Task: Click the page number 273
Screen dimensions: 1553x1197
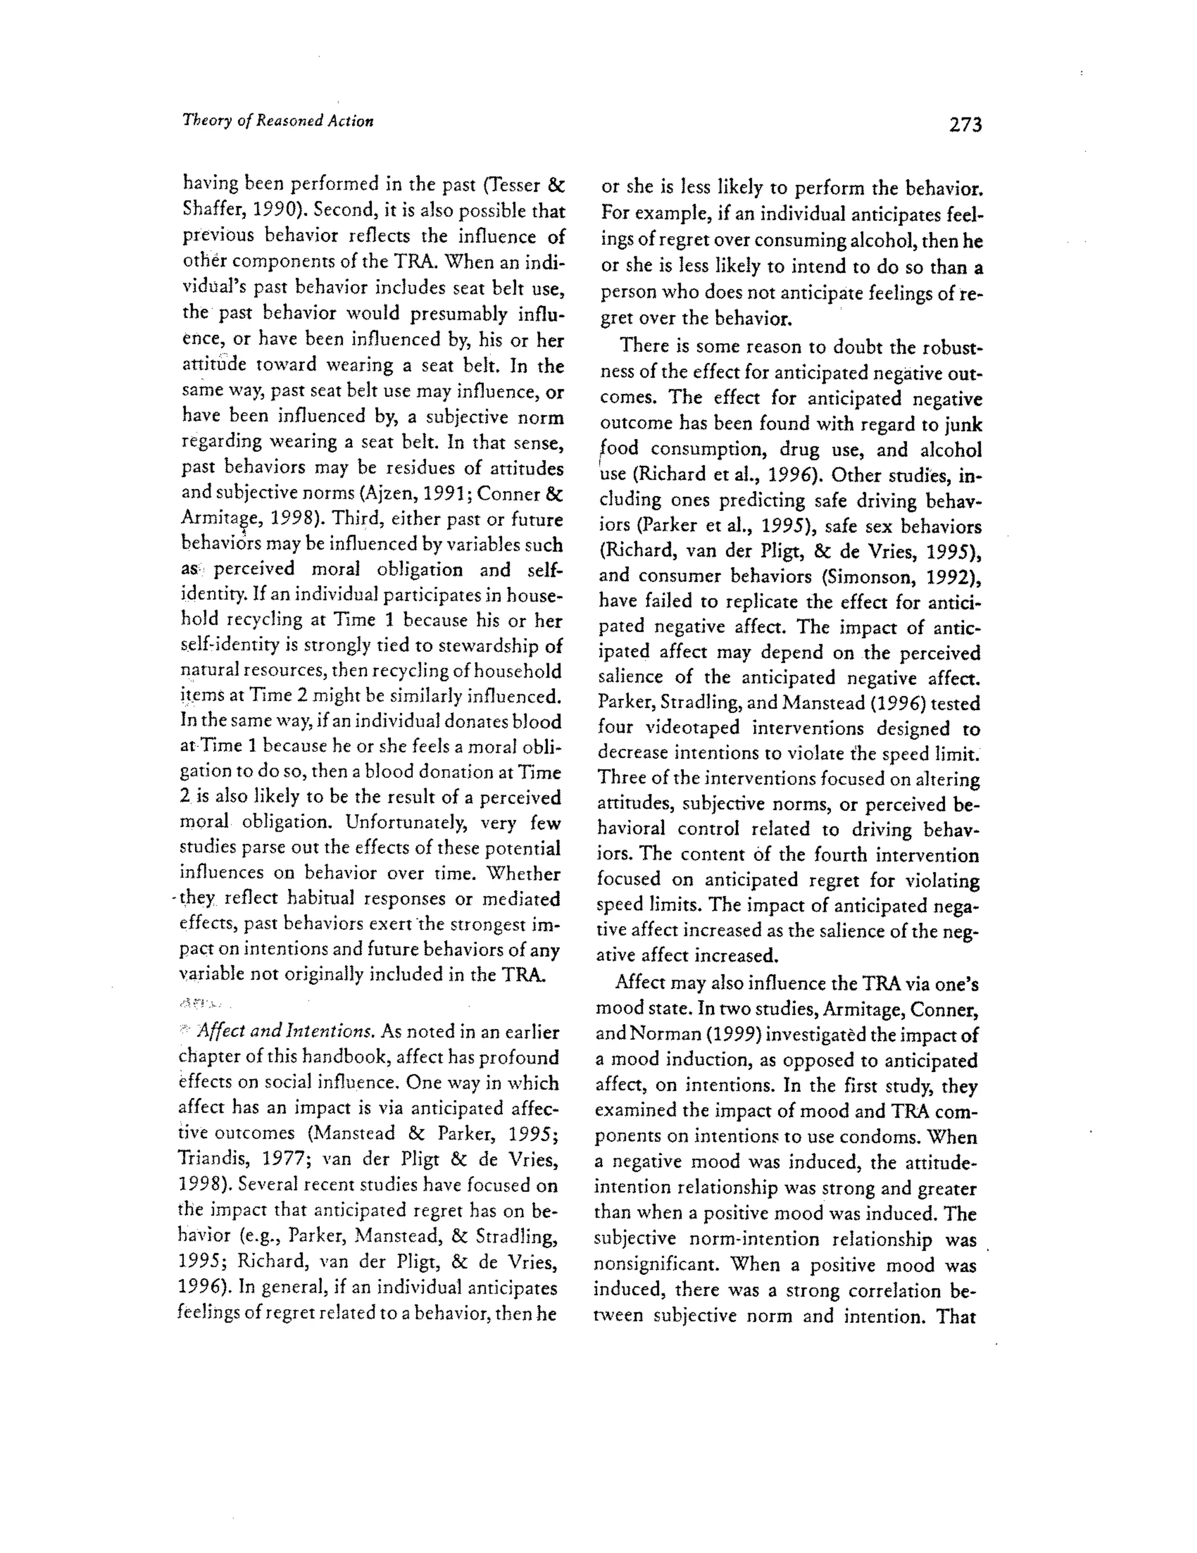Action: tap(965, 125)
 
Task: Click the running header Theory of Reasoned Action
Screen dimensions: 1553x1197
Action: tap(278, 120)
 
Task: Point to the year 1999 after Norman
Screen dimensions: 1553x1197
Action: tap(698, 1035)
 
